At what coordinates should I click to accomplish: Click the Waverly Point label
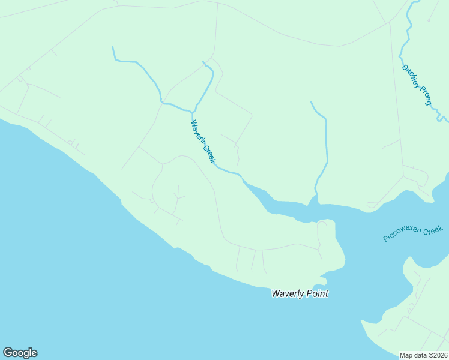(x=300, y=293)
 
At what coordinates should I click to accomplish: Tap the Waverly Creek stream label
(x=202, y=142)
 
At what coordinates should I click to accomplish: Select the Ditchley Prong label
(x=417, y=85)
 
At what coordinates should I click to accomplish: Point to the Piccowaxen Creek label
(x=413, y=233)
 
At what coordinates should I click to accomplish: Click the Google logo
(x=20, y=353)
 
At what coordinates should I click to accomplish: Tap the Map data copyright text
(x=424, y=355)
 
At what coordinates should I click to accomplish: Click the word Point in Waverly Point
(x=316, y=293)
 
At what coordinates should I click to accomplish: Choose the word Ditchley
(x=410, y=74)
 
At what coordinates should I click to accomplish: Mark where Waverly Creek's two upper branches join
(x=193, y=112)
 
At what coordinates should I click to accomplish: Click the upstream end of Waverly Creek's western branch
(x=112, y=47)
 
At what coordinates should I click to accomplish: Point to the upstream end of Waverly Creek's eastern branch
(x=203, y=62)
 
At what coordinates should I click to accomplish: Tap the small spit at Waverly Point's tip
(x=322, y=280)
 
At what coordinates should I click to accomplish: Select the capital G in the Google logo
(x=8, y=353)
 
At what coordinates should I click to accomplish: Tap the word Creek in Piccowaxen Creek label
(x=433, y=229)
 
